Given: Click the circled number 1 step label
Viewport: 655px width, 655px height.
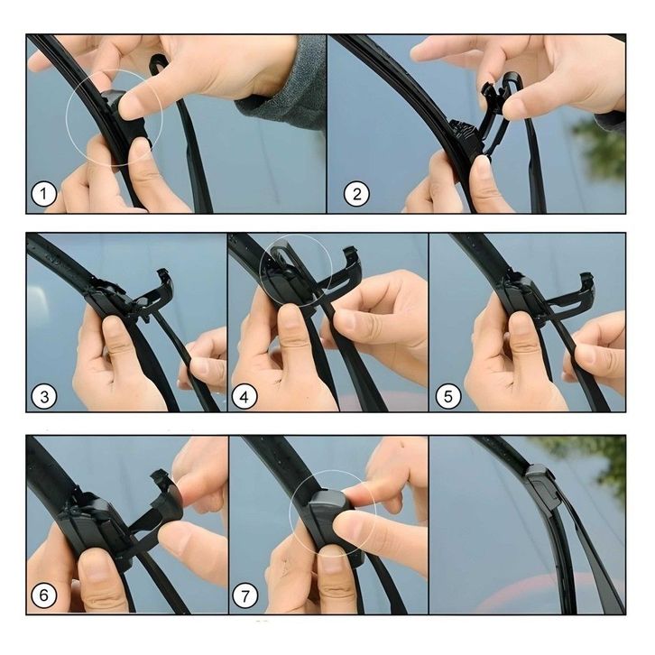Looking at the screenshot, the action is [x=44, y=194].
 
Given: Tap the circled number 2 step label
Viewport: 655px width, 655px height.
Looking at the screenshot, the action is [x=356, y=194].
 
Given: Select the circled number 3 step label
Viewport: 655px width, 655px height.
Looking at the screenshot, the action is [x=44, y=396].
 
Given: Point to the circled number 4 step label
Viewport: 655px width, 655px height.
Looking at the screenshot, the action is [x=244, y=396].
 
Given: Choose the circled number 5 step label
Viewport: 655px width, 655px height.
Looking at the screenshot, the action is [x=448, y=396].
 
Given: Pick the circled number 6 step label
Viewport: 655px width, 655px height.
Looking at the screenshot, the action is [x=44, y=595].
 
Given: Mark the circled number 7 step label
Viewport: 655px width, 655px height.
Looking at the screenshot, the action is [x=244, y=595].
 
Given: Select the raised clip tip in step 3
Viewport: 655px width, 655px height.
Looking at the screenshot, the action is [x=164, y=277].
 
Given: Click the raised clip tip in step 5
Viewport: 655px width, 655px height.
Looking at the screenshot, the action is [x=587, y=280].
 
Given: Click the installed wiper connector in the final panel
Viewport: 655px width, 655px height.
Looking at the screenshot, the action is [x=543, y=484].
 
